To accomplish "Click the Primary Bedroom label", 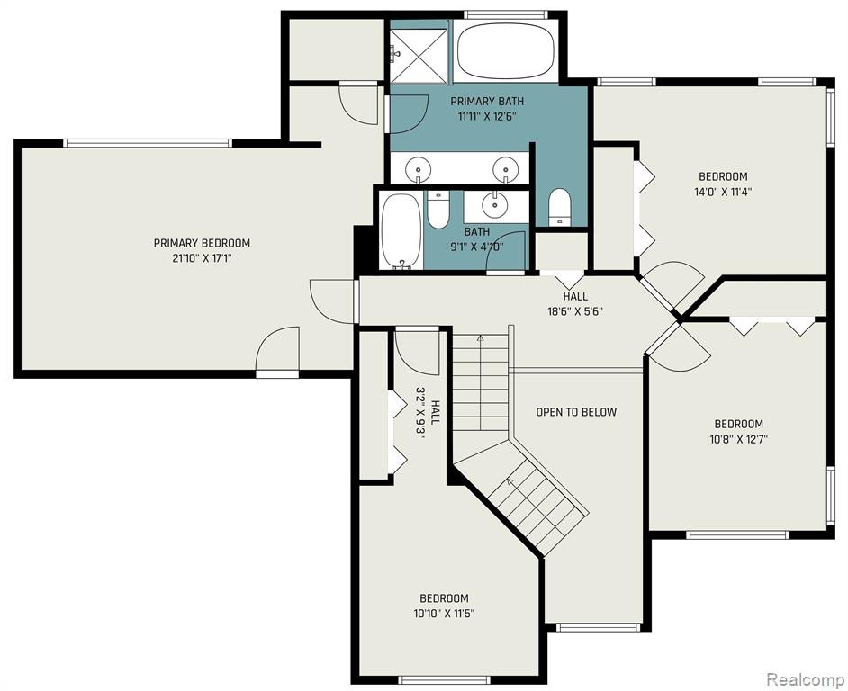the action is click(202, 243).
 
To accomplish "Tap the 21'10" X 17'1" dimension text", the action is click(202, 258).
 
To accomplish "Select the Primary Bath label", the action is click(487, 101).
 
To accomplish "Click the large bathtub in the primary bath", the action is click(506, 51).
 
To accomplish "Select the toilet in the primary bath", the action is click(559, 207).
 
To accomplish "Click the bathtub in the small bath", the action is click(401, 231).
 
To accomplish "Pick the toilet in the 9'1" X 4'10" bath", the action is click(438, 209).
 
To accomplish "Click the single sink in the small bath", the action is click(493, 204).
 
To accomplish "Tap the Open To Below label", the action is click(576, 412).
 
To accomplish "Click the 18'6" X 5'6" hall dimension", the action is click(575, 311).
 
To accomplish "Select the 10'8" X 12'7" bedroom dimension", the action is click(739, 439).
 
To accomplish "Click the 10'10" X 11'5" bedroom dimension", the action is click(444, 614).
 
